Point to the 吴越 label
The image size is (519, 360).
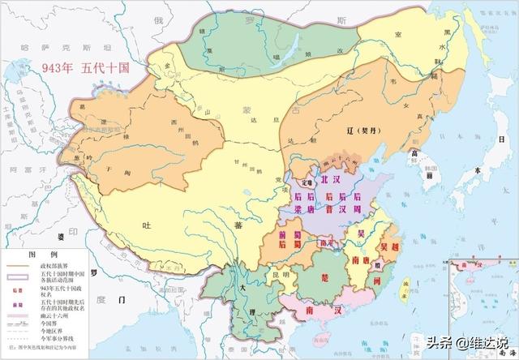click(390, 242)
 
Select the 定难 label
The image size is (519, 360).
click(301, 181)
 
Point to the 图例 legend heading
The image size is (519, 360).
click(41, 254)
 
